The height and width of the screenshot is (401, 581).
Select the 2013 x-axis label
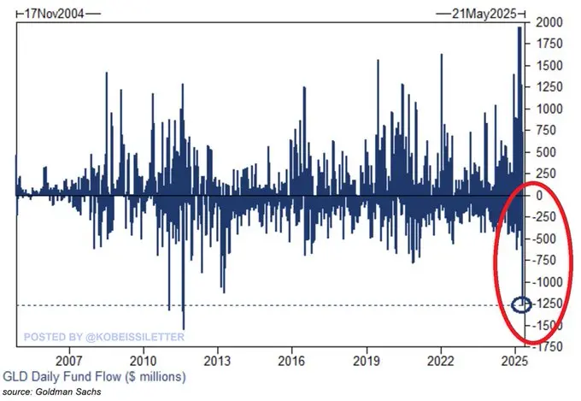tap(218, 361)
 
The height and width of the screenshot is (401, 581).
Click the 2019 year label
tap(367, 361)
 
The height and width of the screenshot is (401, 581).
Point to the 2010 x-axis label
tap(143, 361)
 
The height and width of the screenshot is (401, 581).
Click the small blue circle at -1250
tap(522, 304)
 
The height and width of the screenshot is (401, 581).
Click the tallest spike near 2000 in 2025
tap(519, 29)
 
